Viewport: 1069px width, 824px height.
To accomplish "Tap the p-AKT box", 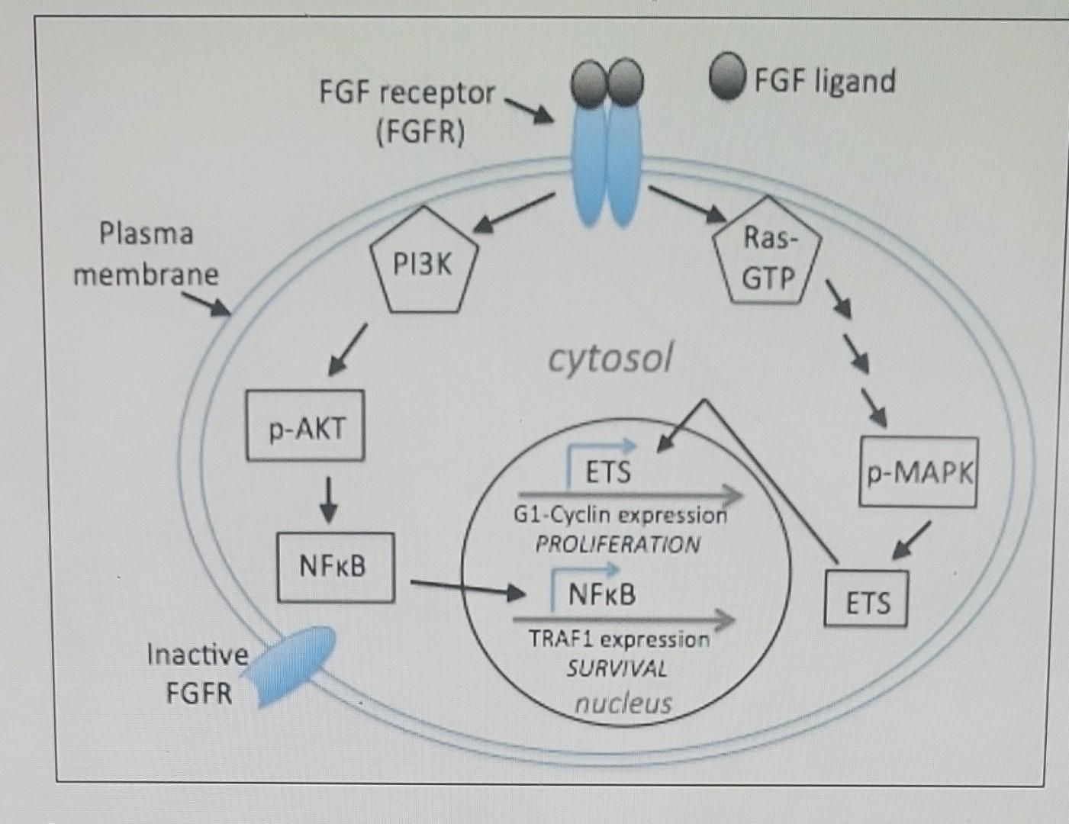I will [x=305, y=427].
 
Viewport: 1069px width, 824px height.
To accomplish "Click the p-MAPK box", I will [x=918, y=472].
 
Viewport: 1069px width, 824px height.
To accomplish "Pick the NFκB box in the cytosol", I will [x=335, y=567].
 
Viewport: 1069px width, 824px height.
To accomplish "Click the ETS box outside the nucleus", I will [x=867, y=600].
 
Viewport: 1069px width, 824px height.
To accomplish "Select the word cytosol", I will [x=610, y=358].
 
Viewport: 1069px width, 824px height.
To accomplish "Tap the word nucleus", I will [x=623, y=702].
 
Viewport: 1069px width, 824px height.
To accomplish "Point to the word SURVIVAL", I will [x=617, y=669].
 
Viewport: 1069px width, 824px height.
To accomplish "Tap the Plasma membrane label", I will [x=146, y=253].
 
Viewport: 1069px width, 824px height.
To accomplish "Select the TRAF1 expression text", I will [x=619, y=639].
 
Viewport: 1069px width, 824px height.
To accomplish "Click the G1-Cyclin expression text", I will [x=620, y=516].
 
